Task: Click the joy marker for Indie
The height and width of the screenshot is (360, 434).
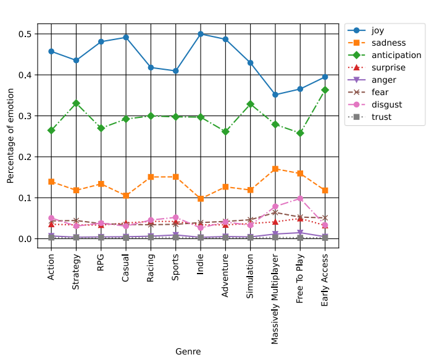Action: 201,34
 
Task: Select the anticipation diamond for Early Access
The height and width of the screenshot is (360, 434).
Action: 325,90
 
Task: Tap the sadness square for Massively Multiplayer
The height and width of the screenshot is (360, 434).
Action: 275,169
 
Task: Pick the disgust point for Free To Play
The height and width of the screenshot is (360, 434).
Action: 300,198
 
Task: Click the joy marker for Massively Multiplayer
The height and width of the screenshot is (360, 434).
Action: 275,94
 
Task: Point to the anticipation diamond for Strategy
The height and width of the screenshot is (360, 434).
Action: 76,103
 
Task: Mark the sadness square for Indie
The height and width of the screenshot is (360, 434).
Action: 201,199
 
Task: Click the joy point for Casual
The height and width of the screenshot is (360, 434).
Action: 126,37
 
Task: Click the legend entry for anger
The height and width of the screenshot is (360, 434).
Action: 383,80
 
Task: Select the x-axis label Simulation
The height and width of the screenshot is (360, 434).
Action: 250,268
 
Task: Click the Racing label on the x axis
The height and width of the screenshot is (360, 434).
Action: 151,266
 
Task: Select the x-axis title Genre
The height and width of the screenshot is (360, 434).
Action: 188,351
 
